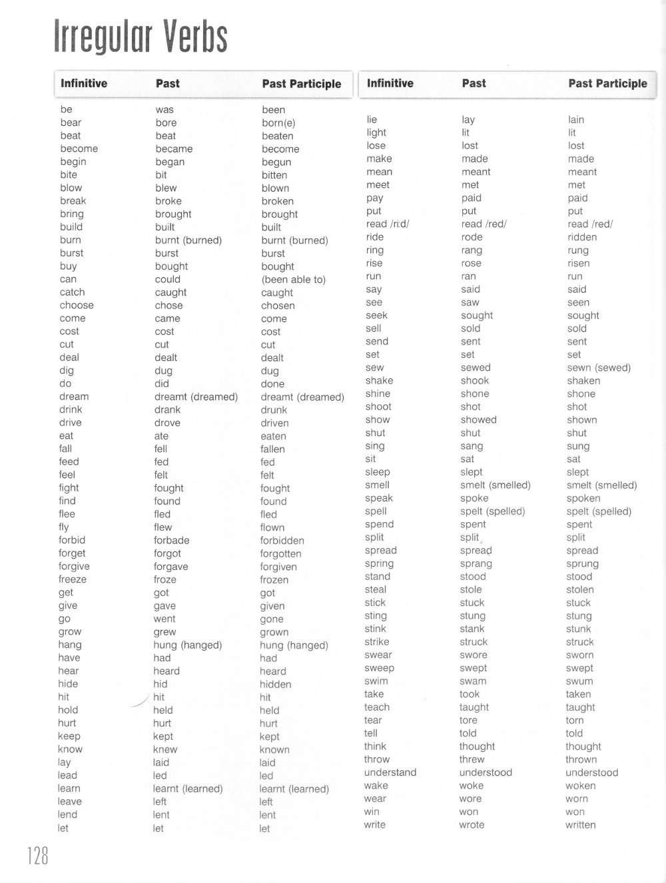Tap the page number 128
tap(38, 854)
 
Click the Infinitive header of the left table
tap(84, 83)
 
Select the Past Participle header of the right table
tap(607, 83)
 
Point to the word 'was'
tap(165, 110)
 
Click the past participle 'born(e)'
tap(278, 123)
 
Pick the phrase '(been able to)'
tap(294, 280)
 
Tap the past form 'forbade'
tap(172, 540)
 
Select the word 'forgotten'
tap(280, 553)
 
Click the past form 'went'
tap(165, 619)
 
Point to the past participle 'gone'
tap(272, 619)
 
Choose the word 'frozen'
tap(274, 580)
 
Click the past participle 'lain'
tap(576, 120)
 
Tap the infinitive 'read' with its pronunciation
tap(388, 224)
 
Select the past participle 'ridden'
tap(582, 237)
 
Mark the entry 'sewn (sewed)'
tap(599, 368)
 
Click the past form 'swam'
tap(473, 681)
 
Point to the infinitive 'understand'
tap(390, 772)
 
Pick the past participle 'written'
tap(581, 824)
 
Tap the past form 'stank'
tap(472, 629)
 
